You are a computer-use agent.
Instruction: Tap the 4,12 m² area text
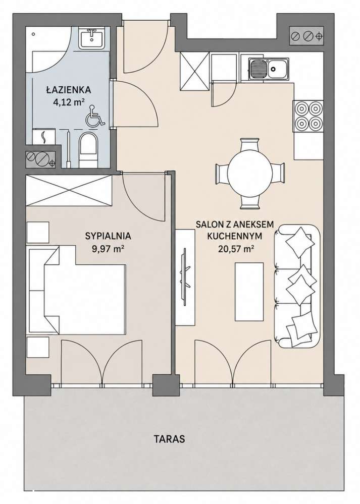69,103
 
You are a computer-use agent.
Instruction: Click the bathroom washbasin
93,38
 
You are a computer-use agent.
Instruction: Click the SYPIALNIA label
108,236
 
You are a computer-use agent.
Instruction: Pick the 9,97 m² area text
108,249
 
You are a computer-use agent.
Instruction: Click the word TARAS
169,439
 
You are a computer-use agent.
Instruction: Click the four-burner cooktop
307,117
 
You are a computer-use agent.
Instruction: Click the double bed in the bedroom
77,291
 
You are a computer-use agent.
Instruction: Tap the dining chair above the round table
249,145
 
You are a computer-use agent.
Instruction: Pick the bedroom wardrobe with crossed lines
69,191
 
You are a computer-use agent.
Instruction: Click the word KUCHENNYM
235,236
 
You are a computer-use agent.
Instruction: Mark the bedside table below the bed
38,347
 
